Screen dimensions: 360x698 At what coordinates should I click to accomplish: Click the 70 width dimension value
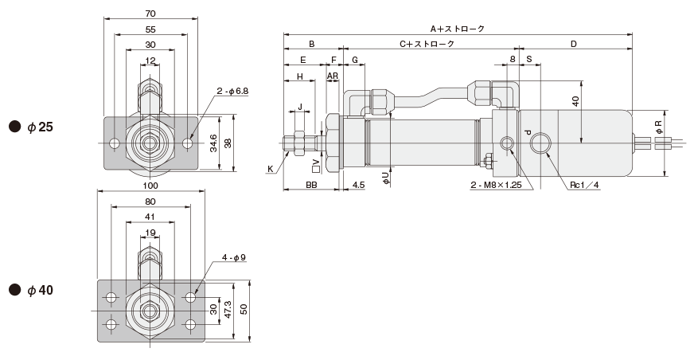[x=150, y=13]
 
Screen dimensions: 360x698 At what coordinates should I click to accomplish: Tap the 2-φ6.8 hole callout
[x=232, y=92]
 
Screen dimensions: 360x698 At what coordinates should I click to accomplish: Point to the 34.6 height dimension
[x=213, y=143]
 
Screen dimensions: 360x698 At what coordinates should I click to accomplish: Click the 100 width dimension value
[x=150, y=185]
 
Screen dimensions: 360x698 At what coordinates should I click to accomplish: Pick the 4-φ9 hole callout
[x=234, y=256]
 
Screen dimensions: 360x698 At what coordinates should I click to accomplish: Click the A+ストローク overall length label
[x=457, y=29]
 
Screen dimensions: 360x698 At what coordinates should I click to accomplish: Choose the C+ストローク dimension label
[x=427, y=45]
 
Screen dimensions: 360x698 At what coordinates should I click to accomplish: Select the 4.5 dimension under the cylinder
[x=358, y=185]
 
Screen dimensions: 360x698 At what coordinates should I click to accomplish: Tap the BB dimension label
[x=313, y=185]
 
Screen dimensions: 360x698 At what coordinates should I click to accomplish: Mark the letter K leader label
[x=271, y=169]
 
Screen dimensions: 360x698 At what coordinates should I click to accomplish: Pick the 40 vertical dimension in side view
[x=575, y=101]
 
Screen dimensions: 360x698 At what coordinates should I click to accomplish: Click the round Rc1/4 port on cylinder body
[x=541, y=143]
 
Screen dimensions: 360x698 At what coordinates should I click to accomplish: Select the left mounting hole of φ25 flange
[x=115, y=143]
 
